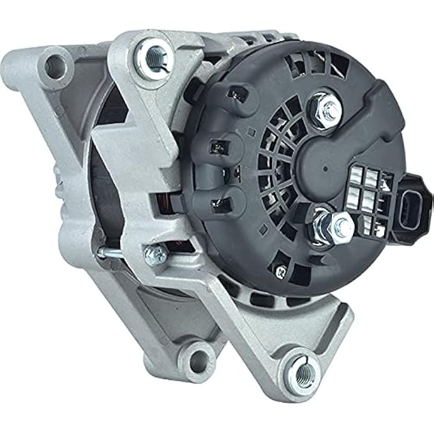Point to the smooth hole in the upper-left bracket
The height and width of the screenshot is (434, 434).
56,64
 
